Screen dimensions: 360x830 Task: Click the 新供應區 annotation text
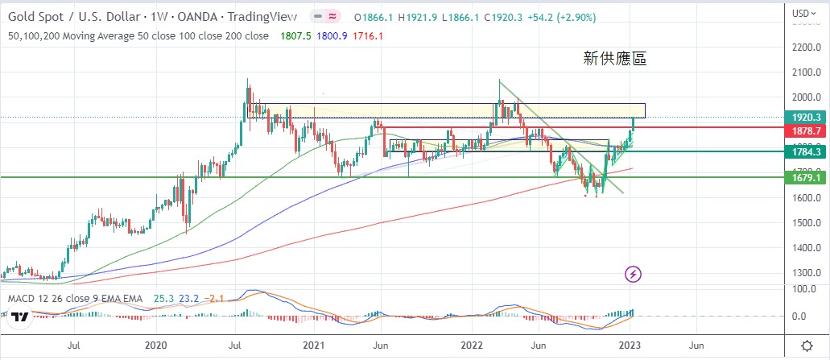pyautogui.click(x=615, y=58)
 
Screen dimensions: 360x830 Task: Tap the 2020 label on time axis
pyautogui.click(x=155, y=346)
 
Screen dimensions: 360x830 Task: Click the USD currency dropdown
pyautogui.click(x=800, y=13)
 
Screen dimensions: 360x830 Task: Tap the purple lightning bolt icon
pyautogui.click(x=634, y=275)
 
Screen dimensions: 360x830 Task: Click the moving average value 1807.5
pyautogui.click(x=295, y=35)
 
